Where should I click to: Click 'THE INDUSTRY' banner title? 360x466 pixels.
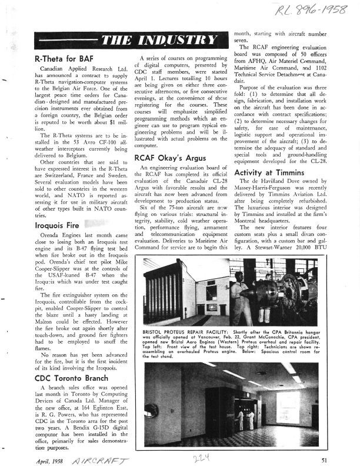point(165,40)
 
